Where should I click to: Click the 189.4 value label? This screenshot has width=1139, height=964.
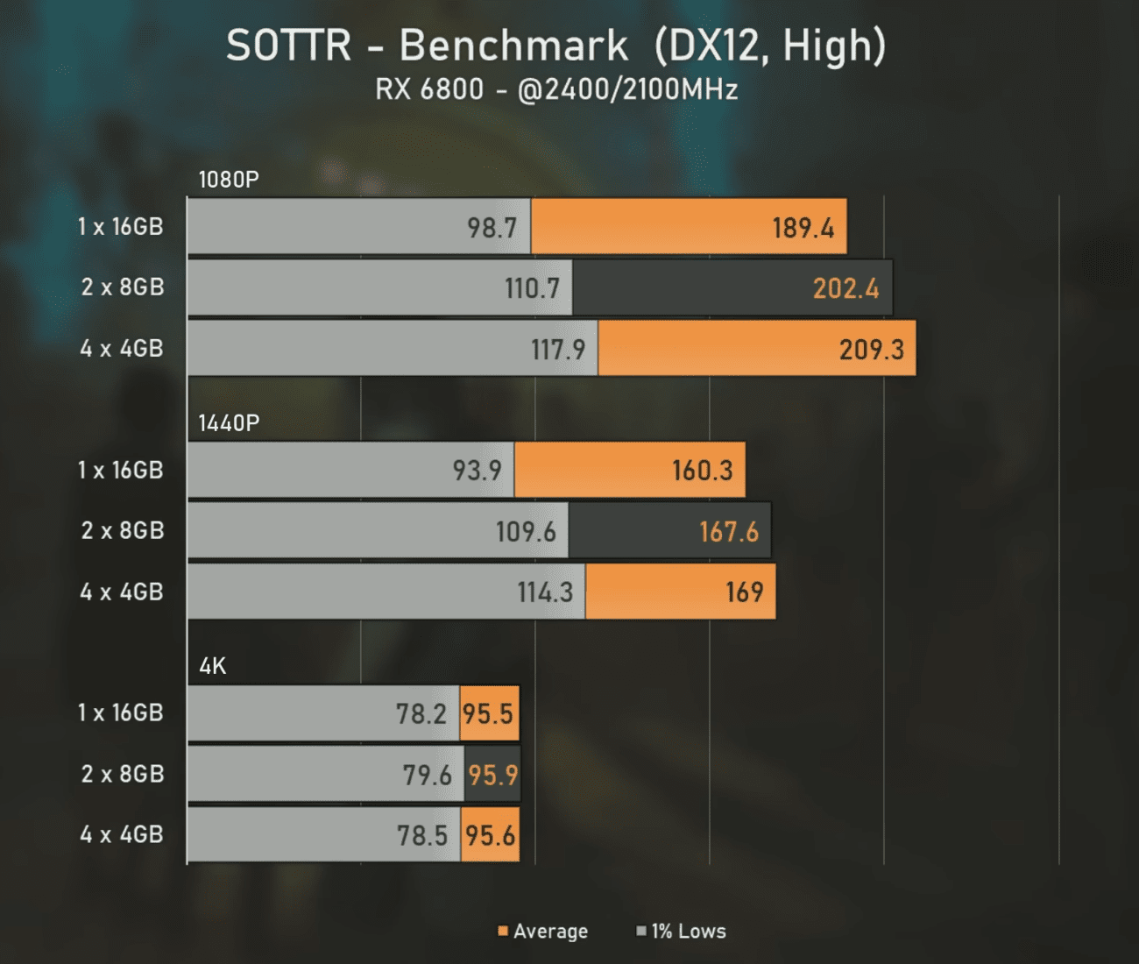click(803, 228)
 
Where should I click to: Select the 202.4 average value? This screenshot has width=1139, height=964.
click(845, 288)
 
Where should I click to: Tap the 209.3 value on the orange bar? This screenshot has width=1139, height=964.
click(871, 350)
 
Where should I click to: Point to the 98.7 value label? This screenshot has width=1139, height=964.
click(492, 228)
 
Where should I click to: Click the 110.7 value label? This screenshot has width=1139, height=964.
click(532, 288)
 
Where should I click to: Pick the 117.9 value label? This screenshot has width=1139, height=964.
click(558, 350)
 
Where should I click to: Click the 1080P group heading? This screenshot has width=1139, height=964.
click(229, 180)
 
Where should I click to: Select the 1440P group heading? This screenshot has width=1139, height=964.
click(229, 423)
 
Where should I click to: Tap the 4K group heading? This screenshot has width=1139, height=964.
click(213, 666)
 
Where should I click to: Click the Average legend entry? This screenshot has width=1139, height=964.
click(543, 931)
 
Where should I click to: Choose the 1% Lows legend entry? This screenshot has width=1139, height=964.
click(682, 931)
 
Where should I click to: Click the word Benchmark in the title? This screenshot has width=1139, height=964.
click(513, 46)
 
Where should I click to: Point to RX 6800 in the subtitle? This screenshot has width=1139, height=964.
click(429, 89)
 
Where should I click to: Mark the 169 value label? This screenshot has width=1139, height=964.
click(744, 592)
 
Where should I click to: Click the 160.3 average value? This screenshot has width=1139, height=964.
click(702, 471)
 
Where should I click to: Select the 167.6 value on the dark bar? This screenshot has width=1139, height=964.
click(729, 531)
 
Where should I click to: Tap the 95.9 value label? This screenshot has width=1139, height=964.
click(492, 775)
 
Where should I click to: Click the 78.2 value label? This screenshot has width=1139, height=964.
click(421, 714)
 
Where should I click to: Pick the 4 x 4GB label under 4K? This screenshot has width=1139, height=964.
click(122, 834)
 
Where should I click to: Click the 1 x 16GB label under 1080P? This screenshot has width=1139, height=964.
click(121, 226)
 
